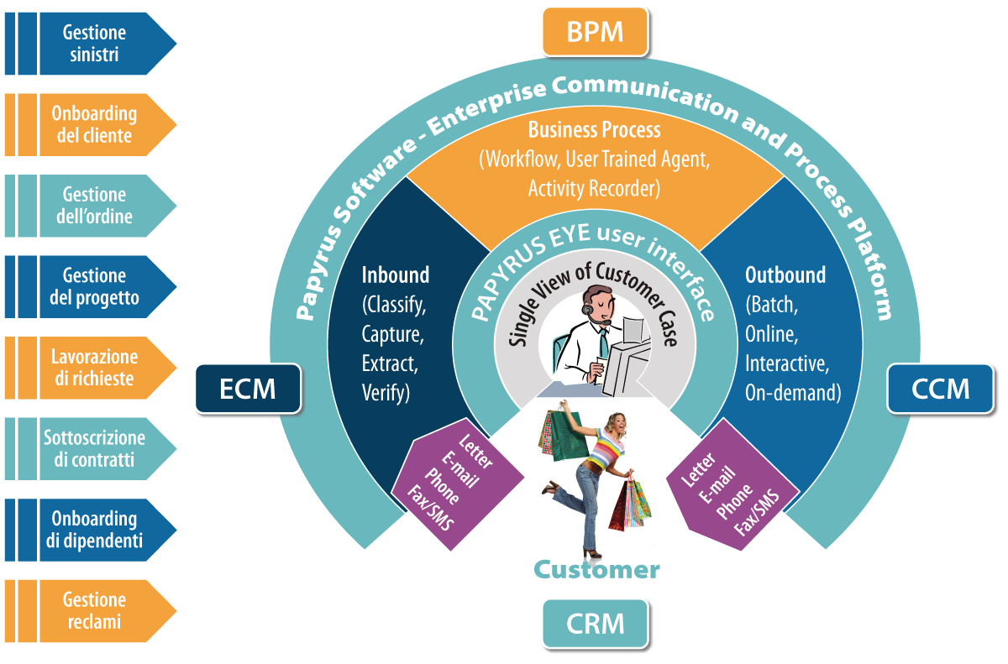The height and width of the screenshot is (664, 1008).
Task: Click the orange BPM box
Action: click(595, 32)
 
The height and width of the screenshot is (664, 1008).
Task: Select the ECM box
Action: click(248, 388)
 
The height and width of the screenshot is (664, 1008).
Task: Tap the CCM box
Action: click(941, 388)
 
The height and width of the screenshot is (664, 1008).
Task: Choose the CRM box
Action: click(595, 624)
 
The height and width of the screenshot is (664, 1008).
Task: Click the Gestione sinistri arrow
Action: click(92, 44)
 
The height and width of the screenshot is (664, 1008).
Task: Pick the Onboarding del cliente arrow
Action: click(92, 124)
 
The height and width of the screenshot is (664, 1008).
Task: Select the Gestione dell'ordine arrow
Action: click(92, 206)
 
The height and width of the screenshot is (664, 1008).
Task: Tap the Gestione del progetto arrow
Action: click(92, 286)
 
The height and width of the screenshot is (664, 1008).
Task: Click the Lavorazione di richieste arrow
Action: click(92, 368)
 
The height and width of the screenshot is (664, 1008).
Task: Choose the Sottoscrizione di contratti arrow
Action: click(92, 448)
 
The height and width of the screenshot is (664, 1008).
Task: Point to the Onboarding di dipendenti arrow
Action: click(92, 530)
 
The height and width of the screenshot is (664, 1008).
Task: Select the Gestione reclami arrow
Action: click(92, 610)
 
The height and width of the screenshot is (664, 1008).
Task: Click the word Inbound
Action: click(395, 274)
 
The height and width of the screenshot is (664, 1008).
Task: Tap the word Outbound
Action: click(785, 274)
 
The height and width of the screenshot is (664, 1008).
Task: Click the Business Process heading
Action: click(594, 130)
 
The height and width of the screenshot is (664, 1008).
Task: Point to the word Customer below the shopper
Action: click(596, 570)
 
